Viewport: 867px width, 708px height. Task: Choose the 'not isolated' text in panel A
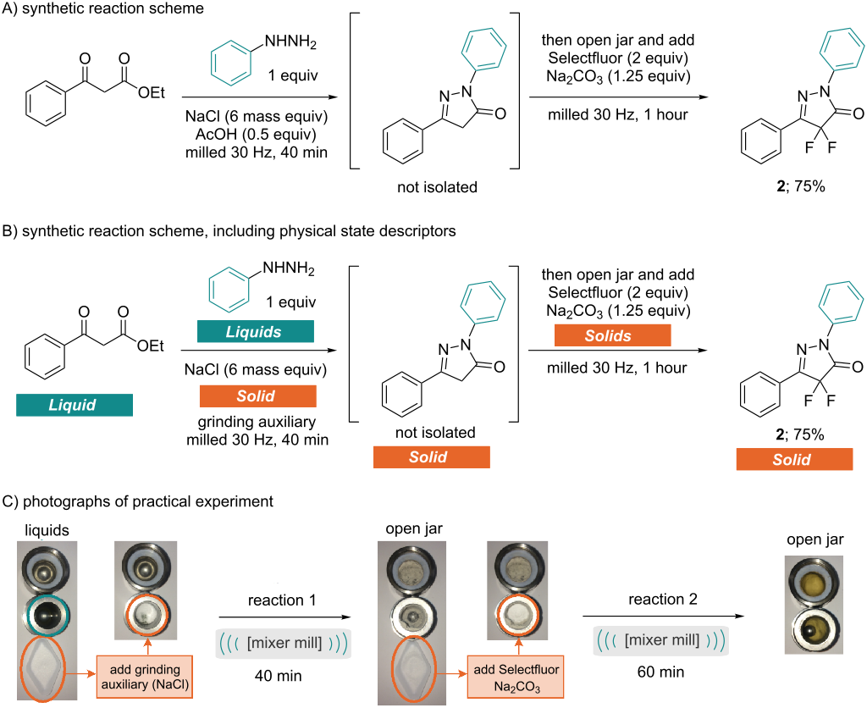(x=437, y=186)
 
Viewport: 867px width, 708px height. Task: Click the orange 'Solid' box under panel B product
(x=794, y=460)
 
